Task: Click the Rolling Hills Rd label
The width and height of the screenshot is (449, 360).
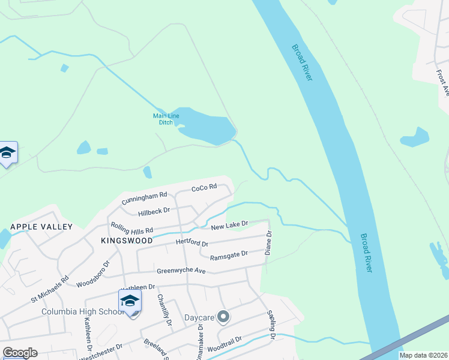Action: [x=131, y=229]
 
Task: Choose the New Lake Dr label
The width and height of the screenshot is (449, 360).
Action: [x=229, y=225]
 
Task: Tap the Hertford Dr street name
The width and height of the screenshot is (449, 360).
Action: [x=191, y=242]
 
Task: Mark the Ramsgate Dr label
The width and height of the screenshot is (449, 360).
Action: [x=229, y=256]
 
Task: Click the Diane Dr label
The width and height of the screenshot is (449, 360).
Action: [x=269, y=242]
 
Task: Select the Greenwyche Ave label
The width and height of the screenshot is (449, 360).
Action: [x=181, y=270]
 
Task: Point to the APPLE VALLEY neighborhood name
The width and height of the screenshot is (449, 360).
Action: [x=41, y=227]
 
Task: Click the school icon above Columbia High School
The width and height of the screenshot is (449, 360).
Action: [x=130, y=301]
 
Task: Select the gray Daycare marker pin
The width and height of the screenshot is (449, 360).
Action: [x=223, y=316]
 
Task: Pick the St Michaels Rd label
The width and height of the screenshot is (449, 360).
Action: [x=50, y=289]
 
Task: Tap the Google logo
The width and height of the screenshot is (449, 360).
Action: [x=20, y=353]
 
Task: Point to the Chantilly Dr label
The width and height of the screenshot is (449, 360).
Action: [x=164, y=310]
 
